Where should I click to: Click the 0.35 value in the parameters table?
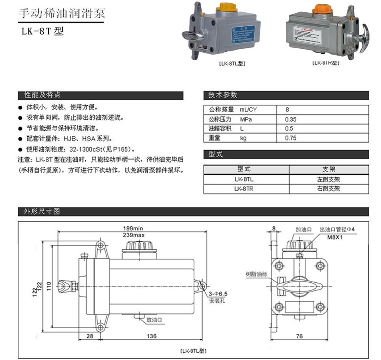pyautogui.click(x=291, y=119)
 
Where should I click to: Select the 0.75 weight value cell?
pyautogui.click(x=291, y=138)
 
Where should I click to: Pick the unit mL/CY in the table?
pyautogui.click(x=248, y=110)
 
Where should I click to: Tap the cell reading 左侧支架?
pyautogui.click(x=325, y=179)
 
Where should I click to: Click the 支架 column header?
pyautogui.click(x=325, y=169)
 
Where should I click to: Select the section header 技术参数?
pyautogui.click(x=223, y=95)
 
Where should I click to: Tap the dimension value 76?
pyautogui.click(x=299, y=336)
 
